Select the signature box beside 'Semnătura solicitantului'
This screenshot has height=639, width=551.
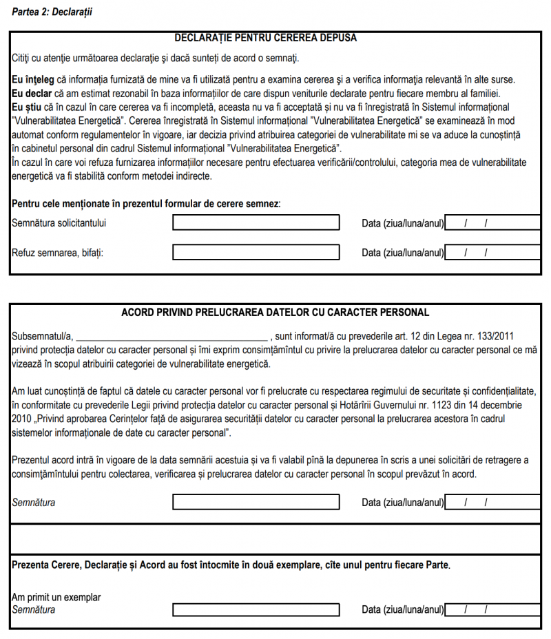tap(256, 222)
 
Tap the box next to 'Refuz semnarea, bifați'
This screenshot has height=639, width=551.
tap(256, 252)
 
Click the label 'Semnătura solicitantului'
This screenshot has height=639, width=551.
tap(59, 223)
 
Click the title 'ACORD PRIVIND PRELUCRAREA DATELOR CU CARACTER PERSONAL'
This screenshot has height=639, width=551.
tap(275, 312)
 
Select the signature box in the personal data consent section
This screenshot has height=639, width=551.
tap(256, 502)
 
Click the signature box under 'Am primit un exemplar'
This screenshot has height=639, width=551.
tap(256, 609)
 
